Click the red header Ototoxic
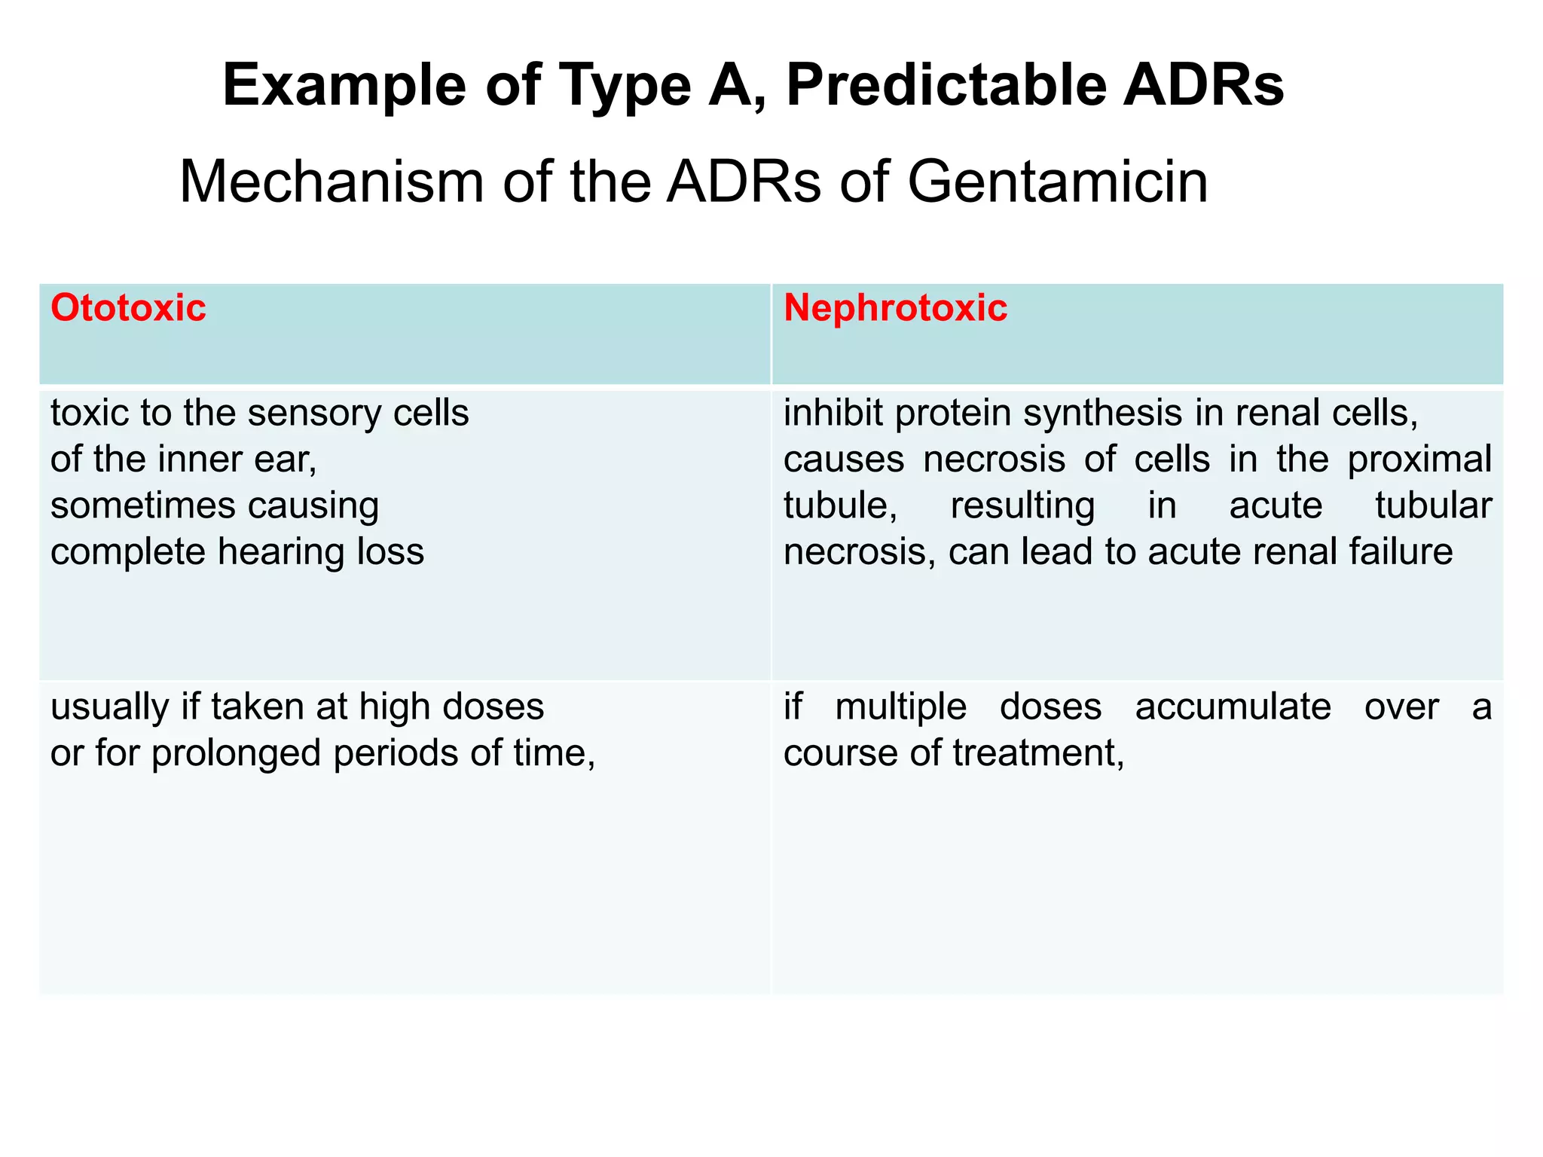coord(128,309)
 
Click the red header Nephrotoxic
coord(895,309)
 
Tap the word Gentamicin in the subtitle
coord(1057,183)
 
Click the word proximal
coord(1419,460)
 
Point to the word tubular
coord(1433,506)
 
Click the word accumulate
coord(1233,707)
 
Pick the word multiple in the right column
coord(900,707)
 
